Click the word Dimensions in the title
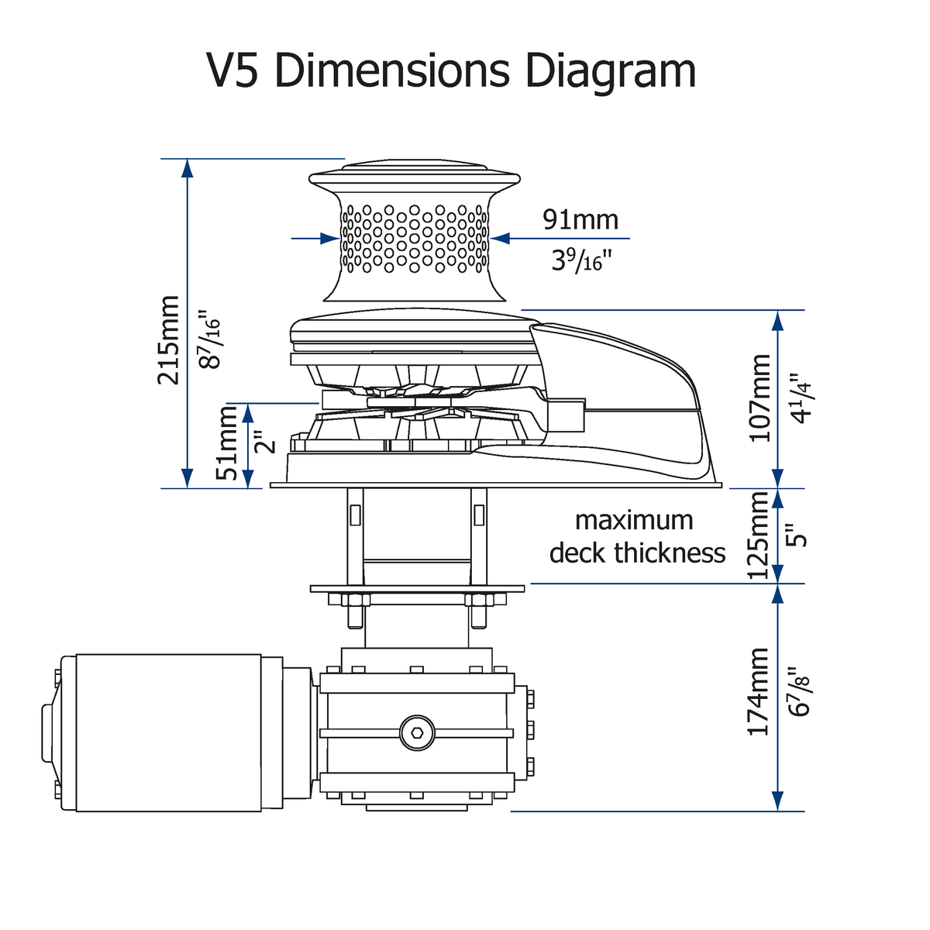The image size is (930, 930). [393, 71]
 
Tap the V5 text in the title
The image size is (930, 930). [232, 71]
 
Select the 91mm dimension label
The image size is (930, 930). [580, 219]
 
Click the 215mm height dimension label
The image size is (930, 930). [168, 339]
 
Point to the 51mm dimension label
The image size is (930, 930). [227, 443]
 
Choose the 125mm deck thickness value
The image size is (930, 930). [758, 536]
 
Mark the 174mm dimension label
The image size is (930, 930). [758, 692]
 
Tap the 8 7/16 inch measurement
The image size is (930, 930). [209, 339]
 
